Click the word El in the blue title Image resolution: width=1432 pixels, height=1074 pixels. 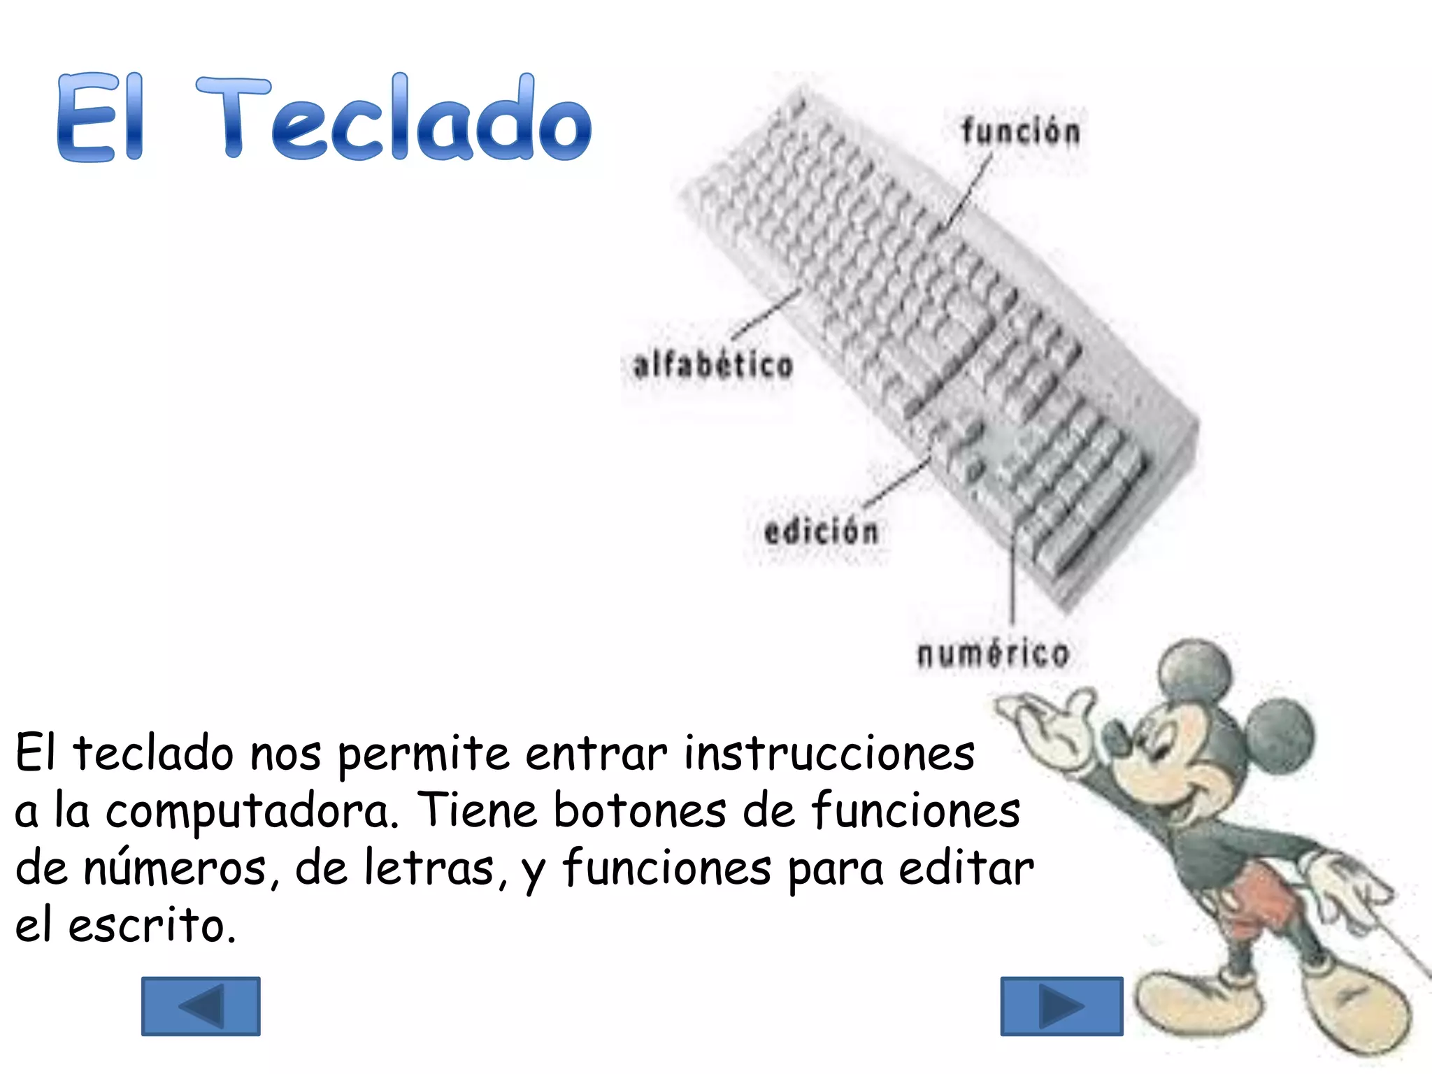coord(100,119)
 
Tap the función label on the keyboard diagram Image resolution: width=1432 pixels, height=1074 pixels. coord(1020,132)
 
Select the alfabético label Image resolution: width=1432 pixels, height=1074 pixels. coord(713,366)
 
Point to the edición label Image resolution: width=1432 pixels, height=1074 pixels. coord(821,532)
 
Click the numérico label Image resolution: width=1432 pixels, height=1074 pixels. coord(993,654)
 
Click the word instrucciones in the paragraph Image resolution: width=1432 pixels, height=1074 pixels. coord(829,754)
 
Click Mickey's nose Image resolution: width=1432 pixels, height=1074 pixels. coord(1117,738)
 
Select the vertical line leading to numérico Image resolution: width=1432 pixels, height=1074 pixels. coord(1012,580)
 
